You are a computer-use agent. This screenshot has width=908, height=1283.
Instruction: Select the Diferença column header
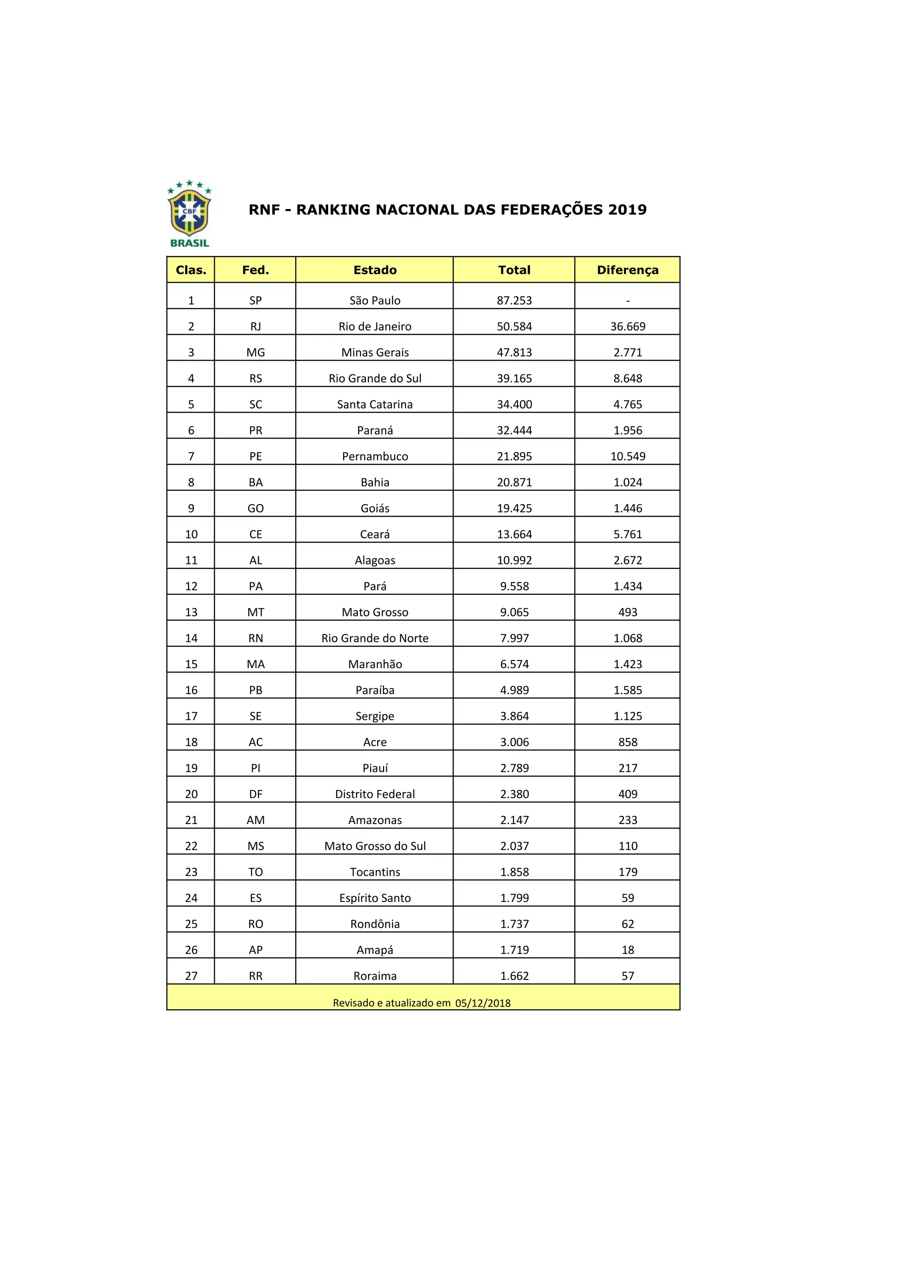click(x=627, y=270)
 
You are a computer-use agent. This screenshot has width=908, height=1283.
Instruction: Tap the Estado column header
click(x=375, y=270)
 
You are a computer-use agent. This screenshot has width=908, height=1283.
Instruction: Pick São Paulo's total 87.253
click(x=514, y=301)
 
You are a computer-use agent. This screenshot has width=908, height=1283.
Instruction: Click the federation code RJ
click(x=255, y=327)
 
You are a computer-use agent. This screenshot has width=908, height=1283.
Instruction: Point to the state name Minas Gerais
click(x=375, y=353)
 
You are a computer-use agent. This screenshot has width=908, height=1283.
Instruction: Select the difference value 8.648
click(x=627, y=379)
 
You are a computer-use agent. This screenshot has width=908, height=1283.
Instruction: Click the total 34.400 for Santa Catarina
click(x=514, y=404)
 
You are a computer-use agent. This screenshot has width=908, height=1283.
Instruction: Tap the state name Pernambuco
click(x=375, y=457)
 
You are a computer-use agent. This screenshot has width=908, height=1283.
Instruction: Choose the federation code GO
click(x=255, y=509)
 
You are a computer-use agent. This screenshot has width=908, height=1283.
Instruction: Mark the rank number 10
click(x=191, y=535)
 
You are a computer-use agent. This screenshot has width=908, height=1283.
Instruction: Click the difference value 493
click(x=627, y=612)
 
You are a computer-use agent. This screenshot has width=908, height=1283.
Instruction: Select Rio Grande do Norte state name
click(x=375, y=638)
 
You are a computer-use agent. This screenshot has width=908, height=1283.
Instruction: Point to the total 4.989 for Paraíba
click(x=514, y=690)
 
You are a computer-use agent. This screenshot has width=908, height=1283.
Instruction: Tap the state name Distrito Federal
click(x=375, y=794)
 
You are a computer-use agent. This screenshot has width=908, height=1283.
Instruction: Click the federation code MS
click(x=255, y=846)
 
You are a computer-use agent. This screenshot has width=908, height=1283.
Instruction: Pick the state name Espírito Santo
click(x=375, y=898)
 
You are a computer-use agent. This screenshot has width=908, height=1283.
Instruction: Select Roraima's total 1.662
click(x=514, y=976)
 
